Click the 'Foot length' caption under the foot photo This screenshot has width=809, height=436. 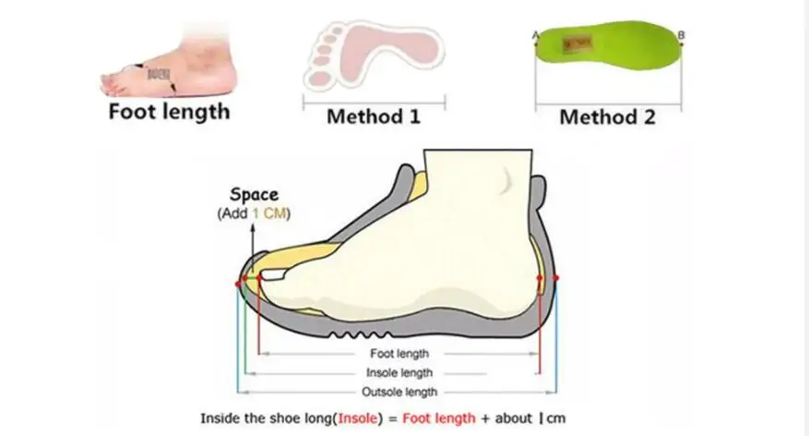pyautogui.click(x=169, y=112)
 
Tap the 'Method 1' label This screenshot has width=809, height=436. pyautogui.click(x=373, y=117)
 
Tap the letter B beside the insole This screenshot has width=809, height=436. pyautogui.click(x=681, y=34)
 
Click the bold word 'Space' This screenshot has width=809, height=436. pyautogui.click(x=254, y=195)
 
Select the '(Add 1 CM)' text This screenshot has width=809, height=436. pyautogui.click(x=254, y=213)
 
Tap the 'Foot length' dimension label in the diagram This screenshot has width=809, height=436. pyautogui.click(x=398, y=353)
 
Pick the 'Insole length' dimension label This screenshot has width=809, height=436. pyautogui.click(x=398, y=372)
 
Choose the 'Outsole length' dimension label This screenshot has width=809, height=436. pyautogui.click(x=398, y=392)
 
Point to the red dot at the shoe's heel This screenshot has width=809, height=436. pyautogui.click(x=556, y=277)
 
